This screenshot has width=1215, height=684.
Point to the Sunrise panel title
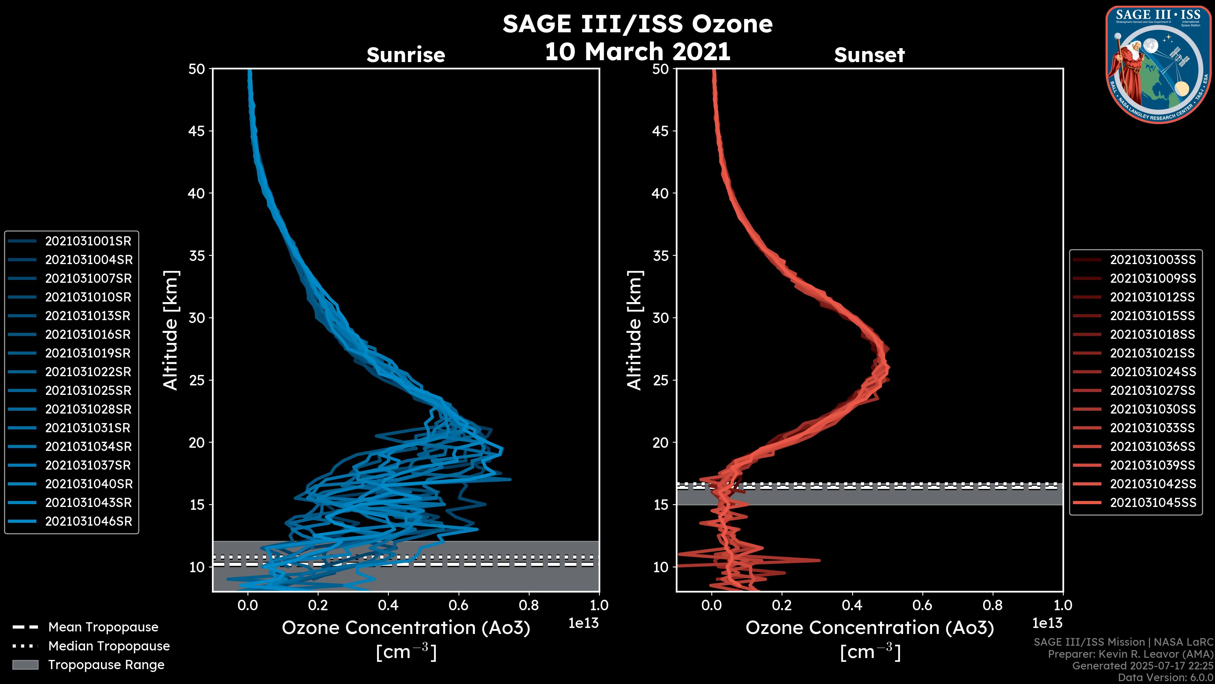coord(406,55)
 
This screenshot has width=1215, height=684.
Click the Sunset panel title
coord(869,55)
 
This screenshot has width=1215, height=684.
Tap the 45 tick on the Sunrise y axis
coord(197,131)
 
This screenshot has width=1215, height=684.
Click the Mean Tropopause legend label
coord(103,627)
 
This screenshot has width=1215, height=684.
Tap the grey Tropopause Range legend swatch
coord(25,665)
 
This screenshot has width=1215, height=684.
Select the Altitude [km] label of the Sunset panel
coord(634,330)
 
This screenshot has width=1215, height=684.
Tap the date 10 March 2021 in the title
coord(637,51)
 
